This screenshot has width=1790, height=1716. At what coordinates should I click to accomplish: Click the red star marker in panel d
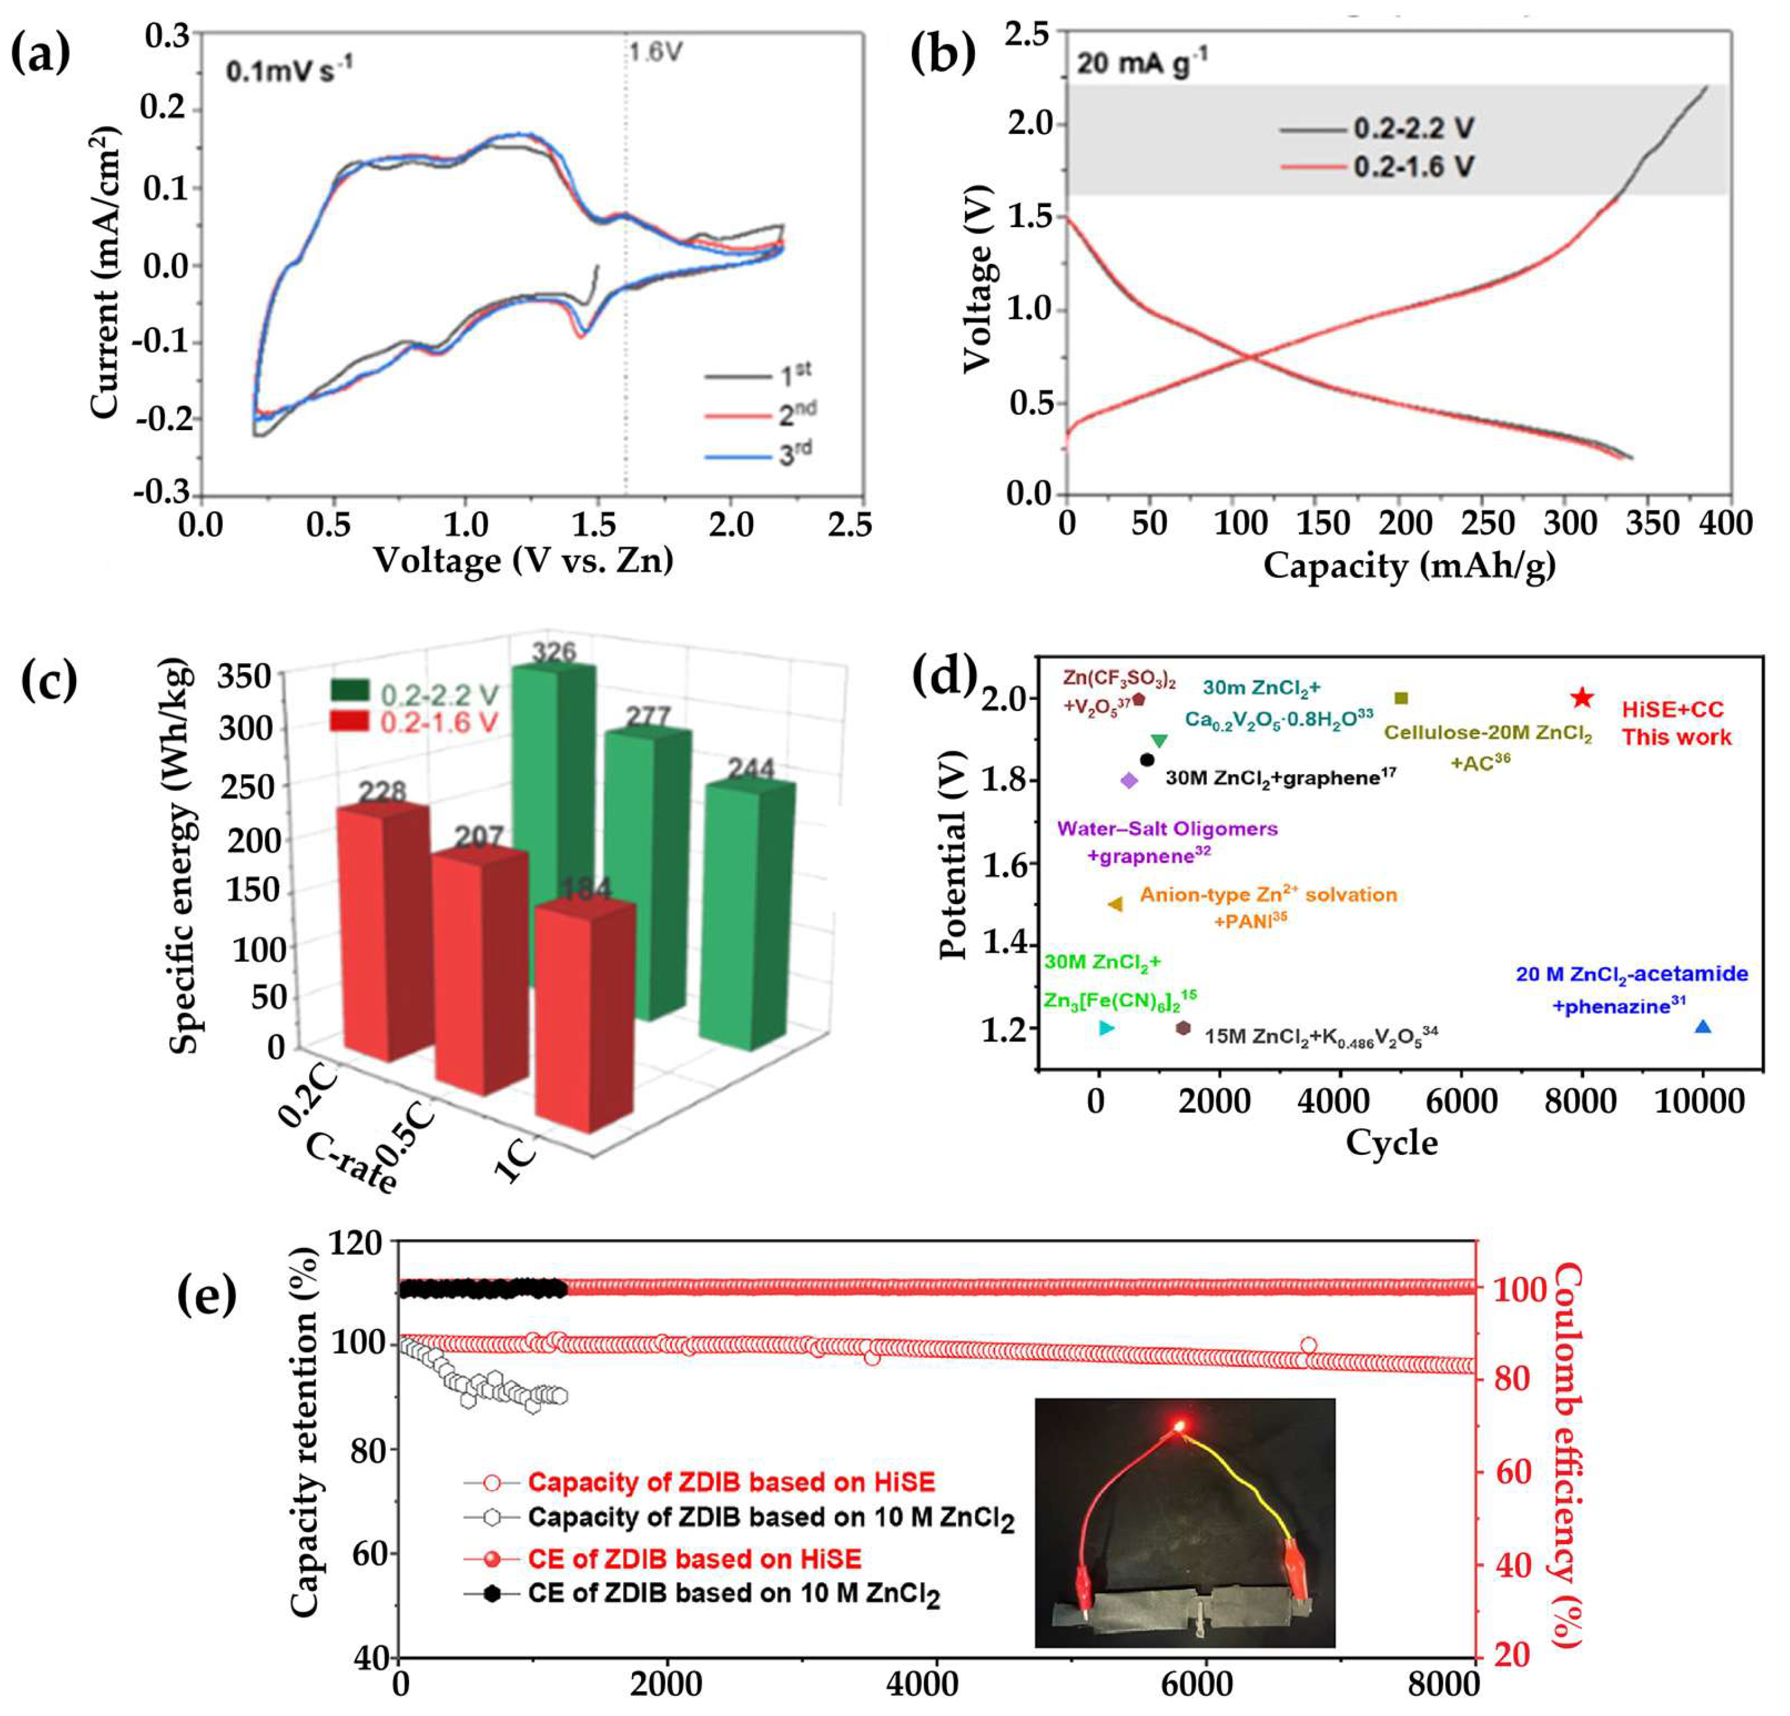pyautogui.click(x=1582, y=699)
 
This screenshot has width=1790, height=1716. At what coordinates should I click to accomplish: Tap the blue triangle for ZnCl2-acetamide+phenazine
pyautogui.click(x=1702, y=1027)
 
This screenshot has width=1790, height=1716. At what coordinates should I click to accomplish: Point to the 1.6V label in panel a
pyautogui.click(x=655, y=53)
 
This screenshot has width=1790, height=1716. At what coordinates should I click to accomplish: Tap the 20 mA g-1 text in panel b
pyautogui.click(x=1141, y=64)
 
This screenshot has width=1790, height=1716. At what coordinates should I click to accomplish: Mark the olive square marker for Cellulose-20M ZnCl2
pyautogui.click(x=1402, y=699)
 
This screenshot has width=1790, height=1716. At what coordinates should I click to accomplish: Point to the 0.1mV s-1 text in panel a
pyautogui.click(x=290, y=70)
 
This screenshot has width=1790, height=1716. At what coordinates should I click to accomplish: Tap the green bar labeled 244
pyautogui.click(x=749, y=913)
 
